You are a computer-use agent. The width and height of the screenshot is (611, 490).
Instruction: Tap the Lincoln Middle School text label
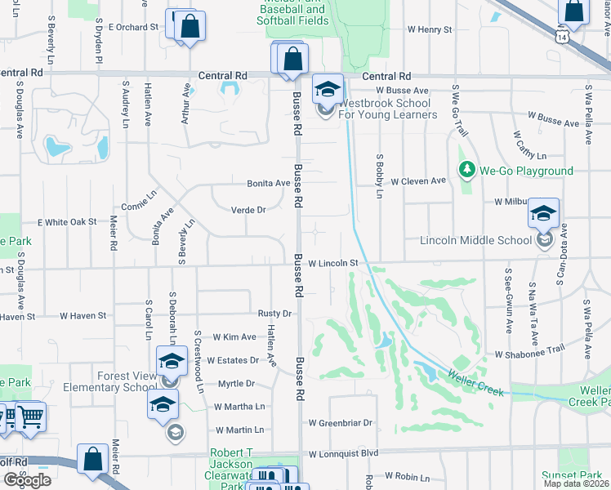[x=475, y=240]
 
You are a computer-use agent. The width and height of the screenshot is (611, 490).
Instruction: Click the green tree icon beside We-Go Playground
[x=467, y=171]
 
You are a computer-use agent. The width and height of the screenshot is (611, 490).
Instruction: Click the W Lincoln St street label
[x=333, y=263]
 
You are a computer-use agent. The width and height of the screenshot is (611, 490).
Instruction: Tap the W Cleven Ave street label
[x=418, y=180]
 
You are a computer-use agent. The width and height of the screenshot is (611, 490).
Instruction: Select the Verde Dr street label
[x=250, y=210]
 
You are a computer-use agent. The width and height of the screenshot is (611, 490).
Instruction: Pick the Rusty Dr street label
[x=274, y=314]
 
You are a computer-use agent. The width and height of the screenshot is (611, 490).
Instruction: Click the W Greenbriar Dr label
[x=340, y=423]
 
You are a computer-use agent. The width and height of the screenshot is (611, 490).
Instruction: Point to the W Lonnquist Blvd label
[x=343, y=453]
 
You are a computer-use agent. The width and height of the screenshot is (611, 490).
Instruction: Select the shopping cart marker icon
[x=29, y=416]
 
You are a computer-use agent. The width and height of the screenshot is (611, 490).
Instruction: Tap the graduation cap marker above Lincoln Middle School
[x=543, y=213]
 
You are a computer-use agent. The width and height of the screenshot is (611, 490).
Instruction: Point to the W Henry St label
[x=430, y=29]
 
